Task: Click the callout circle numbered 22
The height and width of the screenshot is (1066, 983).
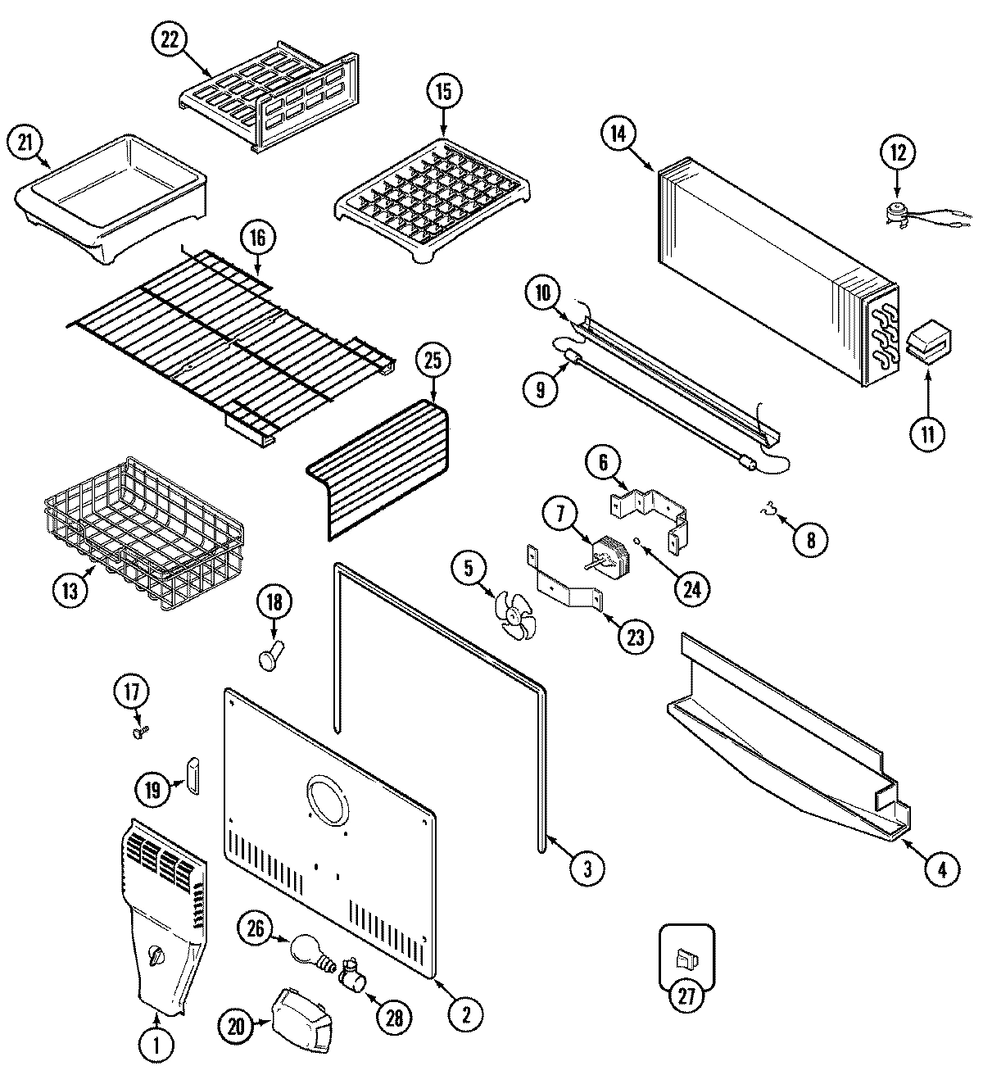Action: point(170,42)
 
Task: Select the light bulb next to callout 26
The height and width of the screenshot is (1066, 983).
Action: point(307,950)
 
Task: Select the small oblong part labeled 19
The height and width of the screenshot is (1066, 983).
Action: point(193,776)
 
